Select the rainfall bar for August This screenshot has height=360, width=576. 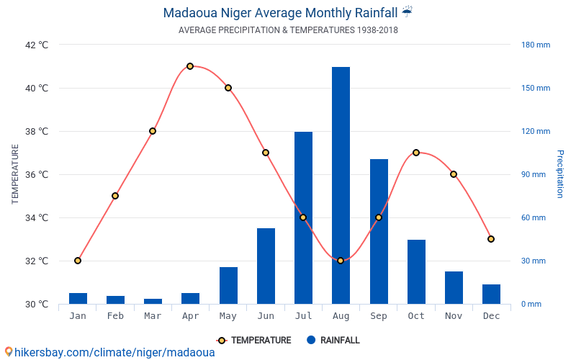tap(341, 185)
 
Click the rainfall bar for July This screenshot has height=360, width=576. tap(303, 217)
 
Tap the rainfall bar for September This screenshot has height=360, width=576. tap(379, 231)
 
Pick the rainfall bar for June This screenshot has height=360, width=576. tap(266, 266)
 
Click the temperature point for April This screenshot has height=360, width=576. tap(190, 66)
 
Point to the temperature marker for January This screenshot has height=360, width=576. tap(78, 261)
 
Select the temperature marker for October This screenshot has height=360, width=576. tap(416, 153)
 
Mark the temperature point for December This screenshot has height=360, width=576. tap(491, 239)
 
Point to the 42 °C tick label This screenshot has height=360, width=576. tap(37, 45)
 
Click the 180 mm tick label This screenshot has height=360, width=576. tap(536, 45)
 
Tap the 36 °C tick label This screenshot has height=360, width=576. tap(37, 174)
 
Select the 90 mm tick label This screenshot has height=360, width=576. tap(534, 174)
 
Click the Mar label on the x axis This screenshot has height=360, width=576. tap(153, 316)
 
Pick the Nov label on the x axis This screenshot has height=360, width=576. tap(454, 316)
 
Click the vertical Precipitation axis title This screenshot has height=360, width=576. tap(560, 174)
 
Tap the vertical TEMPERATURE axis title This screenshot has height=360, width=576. tap(15, 174)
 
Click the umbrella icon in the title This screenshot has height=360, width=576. tap(408, 12)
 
